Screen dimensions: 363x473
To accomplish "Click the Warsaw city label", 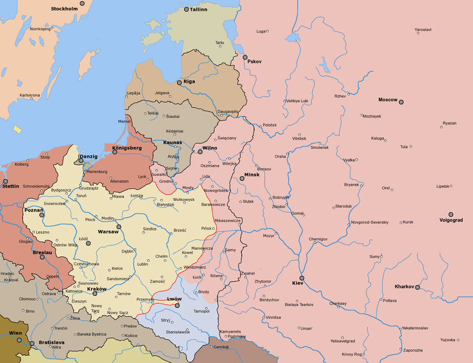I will click(x=108, y=232).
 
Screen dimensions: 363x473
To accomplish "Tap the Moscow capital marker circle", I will click(x=400, y=102).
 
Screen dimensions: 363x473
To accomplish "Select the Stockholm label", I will click(x=65, y=8).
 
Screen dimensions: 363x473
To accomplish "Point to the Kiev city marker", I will click(x=302, y=278).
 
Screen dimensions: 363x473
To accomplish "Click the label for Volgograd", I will click(x=451, y=220).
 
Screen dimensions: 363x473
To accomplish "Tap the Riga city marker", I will click(x=179, y=82).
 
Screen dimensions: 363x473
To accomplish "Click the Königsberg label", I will click(x=127, y=148).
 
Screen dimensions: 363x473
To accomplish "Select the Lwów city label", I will click(x=174, y=299).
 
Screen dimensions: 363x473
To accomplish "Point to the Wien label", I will click(x=15, y=333).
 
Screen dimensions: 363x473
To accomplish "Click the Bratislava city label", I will click(x=51, y=342).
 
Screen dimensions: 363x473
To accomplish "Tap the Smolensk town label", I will click(x=319, y=147).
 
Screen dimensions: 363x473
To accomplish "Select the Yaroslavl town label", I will click(x=423, y=30).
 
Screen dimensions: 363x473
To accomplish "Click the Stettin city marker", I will click(x=5, y=181).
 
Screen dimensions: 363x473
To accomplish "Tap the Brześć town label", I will click(x=180, y=230).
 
